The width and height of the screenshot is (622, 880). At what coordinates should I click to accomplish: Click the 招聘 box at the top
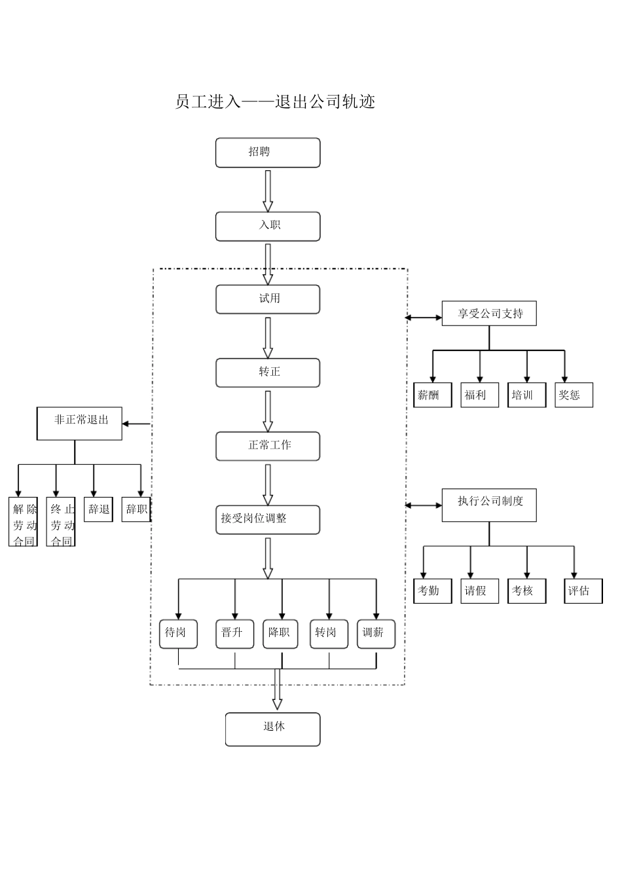coord(268,153)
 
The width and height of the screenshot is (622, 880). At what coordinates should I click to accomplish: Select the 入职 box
coord(268,226)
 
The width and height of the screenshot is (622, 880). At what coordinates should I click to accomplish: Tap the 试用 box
coord(268,299)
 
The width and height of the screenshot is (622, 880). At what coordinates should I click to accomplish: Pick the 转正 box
coord(268,373)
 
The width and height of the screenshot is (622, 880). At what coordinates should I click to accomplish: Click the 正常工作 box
coord(268,446)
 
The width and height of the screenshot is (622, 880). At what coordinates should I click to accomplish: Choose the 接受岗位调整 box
coord(268,519)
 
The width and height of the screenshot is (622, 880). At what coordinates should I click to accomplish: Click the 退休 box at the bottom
coord(273,729)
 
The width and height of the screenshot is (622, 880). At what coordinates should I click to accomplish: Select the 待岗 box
coord(178,634)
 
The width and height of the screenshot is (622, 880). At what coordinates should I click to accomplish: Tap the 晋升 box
coord(234,634)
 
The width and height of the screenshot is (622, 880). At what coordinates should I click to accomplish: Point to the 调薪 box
coord(376,634)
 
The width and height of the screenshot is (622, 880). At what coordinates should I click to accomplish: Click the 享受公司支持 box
coord(490,314)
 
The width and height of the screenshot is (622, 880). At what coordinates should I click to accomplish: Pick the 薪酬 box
coord(432,395)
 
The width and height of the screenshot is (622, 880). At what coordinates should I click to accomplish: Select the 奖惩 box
coord(574,395)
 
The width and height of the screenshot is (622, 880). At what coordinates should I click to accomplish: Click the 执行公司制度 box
coord(490,504)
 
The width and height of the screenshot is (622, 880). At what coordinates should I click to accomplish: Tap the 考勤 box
coord(432,591)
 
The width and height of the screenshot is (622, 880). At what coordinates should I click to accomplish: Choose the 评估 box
coord(583,591)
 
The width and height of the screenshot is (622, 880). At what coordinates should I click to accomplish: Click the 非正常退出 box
coord(79,423)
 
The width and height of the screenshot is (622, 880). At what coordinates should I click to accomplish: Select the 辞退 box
coord(98,509)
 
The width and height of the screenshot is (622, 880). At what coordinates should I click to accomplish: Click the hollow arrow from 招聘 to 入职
coord(268,190)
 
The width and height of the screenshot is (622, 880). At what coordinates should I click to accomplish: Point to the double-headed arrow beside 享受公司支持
coord(424,318)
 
